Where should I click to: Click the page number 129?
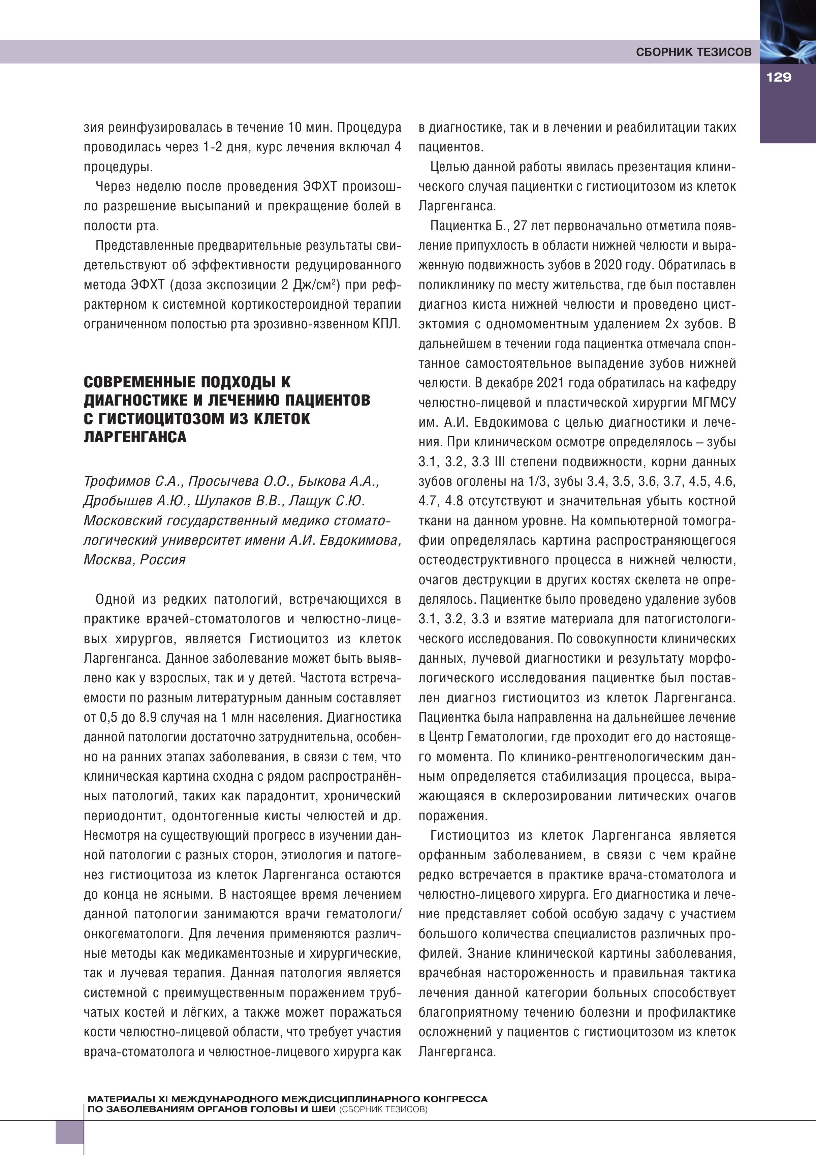(x=779, y=77)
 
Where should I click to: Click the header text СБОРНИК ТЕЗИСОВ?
(x=694, y=52)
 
